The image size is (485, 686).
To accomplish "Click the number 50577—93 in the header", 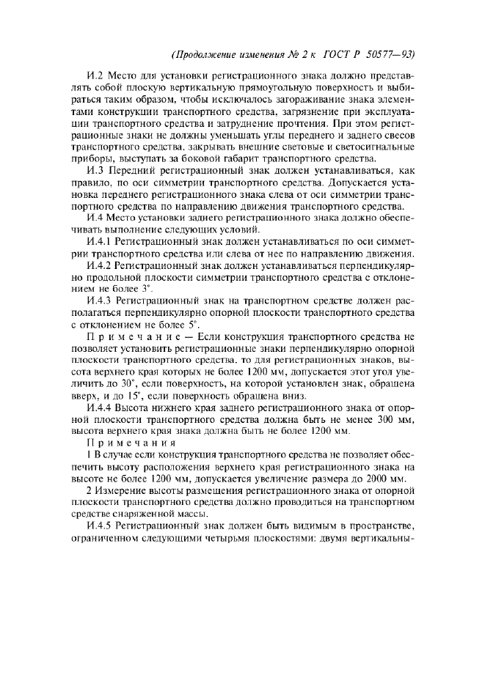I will [390, 55].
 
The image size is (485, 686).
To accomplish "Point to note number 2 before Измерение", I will [90, 490].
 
